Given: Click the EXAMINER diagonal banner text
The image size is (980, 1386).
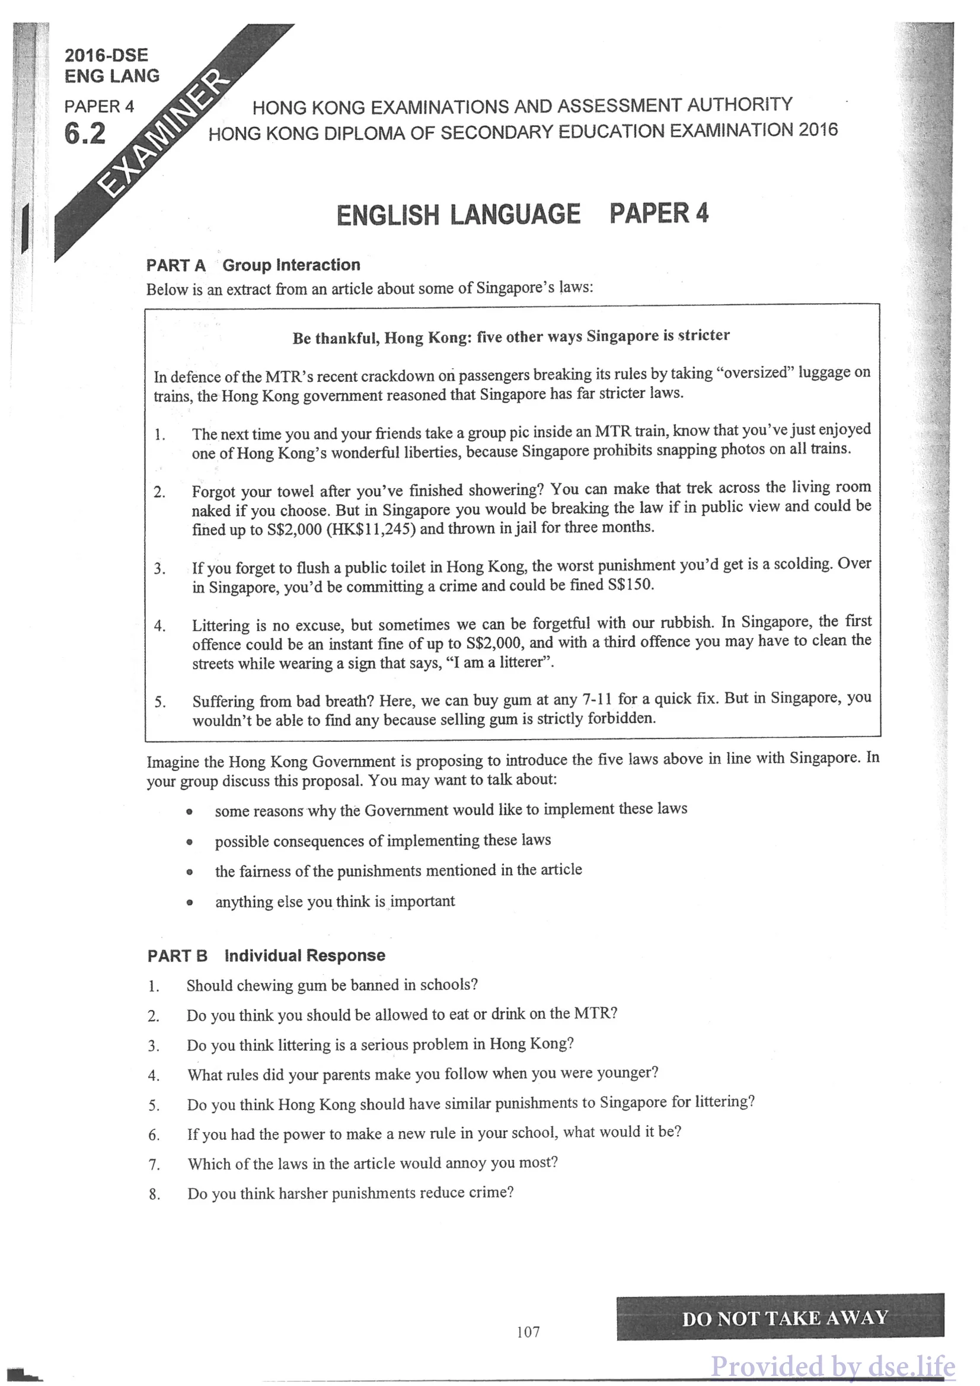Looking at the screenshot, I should coord(164,135).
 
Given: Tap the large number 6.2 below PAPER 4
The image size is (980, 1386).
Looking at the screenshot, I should coord(85,133).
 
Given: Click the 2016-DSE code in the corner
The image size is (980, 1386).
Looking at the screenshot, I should coord(106,56).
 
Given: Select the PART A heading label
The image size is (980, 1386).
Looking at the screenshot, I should coord(176,266).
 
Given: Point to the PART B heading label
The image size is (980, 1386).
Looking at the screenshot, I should coord(177,955).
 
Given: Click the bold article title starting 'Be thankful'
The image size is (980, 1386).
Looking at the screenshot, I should coord(511,337).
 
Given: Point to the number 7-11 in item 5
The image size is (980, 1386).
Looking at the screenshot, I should coord(597,700).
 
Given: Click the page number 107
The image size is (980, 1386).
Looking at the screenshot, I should coord(528,1331).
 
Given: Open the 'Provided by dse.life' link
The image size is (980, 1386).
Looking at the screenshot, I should coord(833,1366).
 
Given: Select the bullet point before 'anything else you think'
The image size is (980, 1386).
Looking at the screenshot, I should coord(190,903).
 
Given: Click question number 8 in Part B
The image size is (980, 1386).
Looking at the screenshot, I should coord(155,1194).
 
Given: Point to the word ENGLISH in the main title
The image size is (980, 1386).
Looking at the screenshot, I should coord(387,215).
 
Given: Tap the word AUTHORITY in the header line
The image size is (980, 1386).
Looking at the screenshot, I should coord(739,105).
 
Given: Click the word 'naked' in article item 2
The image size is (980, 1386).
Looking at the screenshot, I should coord(210,511).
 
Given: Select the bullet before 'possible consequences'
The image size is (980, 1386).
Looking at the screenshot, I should coord(190,842).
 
